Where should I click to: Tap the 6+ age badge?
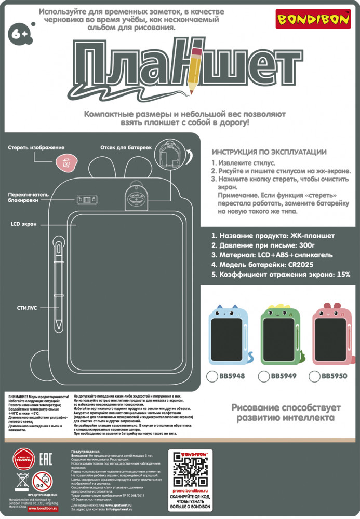click(x=19, y=34)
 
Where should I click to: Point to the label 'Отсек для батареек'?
click(x=126, y=148)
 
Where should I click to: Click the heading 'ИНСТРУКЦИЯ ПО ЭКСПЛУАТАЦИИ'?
click(x=269, y=152)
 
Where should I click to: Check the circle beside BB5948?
click(x=212, y=376)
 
